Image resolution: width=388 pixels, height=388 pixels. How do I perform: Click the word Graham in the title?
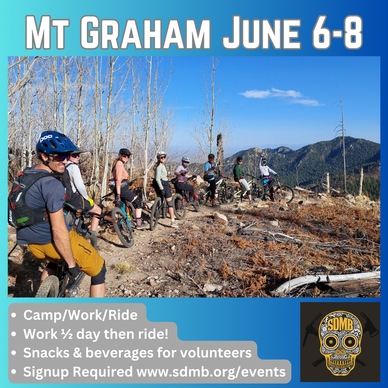tap(145, 32)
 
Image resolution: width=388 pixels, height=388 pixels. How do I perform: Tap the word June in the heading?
tap(262, 32)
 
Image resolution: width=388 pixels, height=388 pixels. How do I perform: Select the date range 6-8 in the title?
tap(337, 32)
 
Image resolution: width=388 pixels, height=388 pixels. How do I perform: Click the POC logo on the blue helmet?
tap(46, 139)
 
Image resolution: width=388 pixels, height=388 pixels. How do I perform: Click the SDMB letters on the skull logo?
tap(341, 324)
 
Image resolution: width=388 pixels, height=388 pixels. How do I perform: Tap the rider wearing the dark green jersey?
tap(241, 178)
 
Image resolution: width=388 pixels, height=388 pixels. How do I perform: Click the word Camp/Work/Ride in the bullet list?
tap(80, 315)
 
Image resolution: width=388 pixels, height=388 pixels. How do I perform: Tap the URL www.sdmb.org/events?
tap(211, 372)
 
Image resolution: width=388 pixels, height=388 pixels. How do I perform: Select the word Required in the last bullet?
tap(103, 372)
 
